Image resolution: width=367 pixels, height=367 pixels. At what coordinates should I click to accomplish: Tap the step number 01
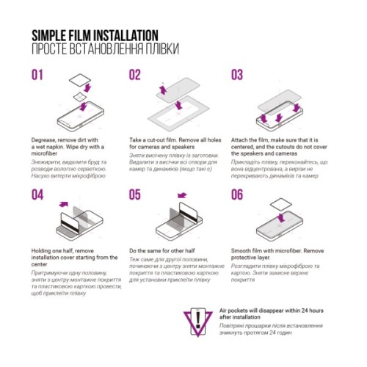tap(38, 75)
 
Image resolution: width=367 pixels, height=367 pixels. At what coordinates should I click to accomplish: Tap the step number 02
tap(135, 75)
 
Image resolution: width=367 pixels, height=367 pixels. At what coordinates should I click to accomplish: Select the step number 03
tap(237, 75)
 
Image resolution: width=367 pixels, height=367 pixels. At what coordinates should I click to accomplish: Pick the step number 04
tap(38, 195)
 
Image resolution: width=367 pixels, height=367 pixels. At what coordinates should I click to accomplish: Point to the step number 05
tap(135, 195)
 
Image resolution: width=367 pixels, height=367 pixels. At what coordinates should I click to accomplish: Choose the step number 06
tap(237, 195)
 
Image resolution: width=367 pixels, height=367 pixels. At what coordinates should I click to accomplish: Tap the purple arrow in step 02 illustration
tap(164, 89)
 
